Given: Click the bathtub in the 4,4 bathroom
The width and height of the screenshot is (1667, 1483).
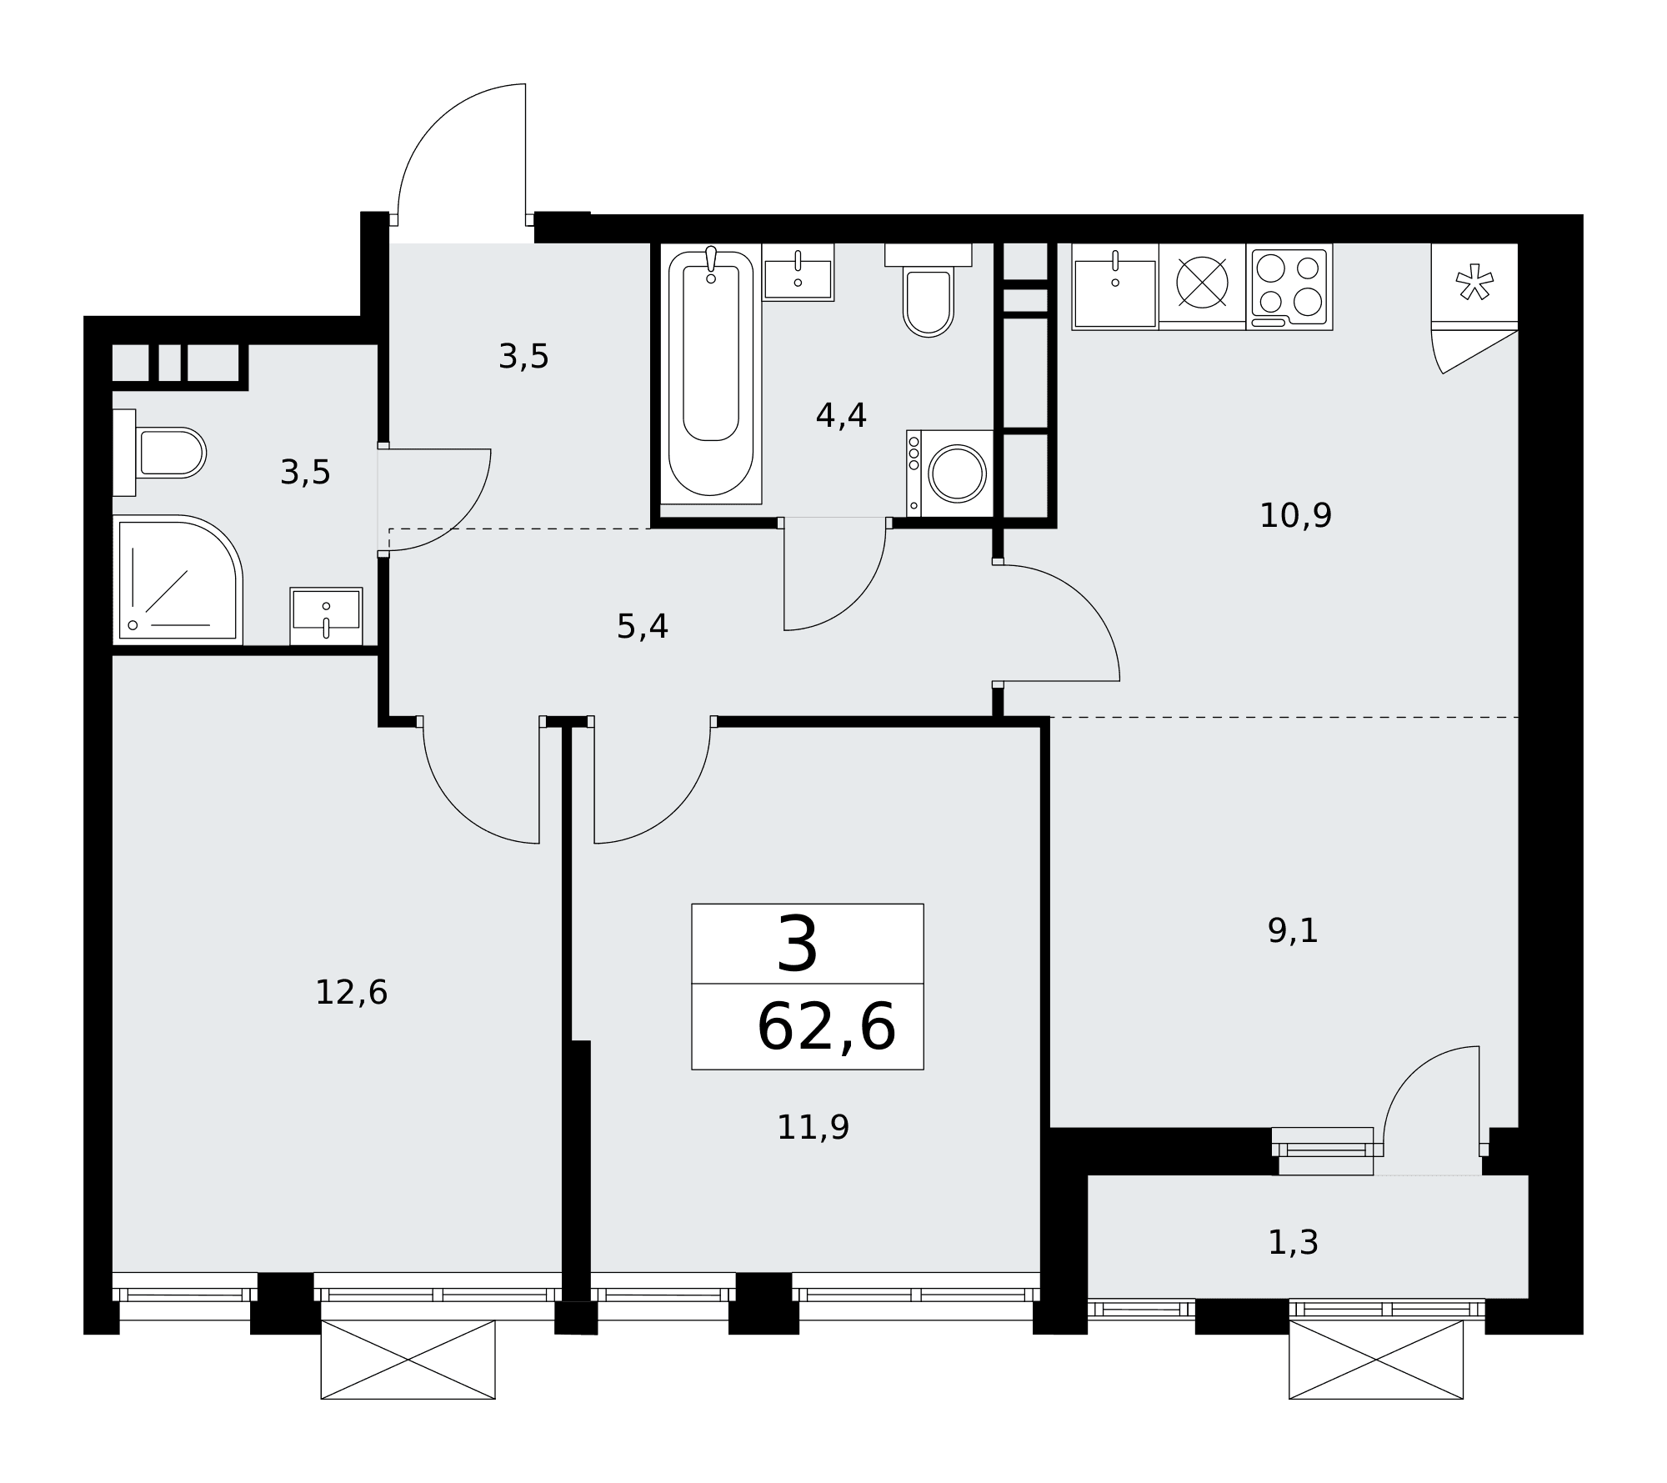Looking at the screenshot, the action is click(x=710, y=374).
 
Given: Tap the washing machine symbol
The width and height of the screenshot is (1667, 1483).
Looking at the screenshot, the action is click(x=950, y=473).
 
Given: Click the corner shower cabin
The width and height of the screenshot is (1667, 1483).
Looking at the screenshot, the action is click(x=178, y=579).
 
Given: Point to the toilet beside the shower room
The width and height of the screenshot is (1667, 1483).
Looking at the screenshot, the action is click(x=159, y=453).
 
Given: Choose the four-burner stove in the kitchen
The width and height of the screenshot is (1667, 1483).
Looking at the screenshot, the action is click(x=1289, y=287).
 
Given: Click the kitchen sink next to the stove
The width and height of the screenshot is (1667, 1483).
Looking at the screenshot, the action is click(x=1115, y=287).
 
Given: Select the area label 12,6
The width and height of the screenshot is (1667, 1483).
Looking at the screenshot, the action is click(x=351, y=993).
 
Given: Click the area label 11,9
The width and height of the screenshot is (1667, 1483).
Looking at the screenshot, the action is click(x=813, y=1128).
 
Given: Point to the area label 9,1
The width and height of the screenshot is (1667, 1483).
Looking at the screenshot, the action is click(x=1293, y=931).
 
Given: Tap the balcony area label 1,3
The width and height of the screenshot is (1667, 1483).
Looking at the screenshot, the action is click(x=1293, y=1243).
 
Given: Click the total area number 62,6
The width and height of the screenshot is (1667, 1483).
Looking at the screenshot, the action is click(x=826, y=1028).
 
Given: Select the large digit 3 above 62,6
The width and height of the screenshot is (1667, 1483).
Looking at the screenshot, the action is click(x=798, y=944).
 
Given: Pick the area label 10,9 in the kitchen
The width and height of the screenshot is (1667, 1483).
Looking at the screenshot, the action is click(x=1295, y=516).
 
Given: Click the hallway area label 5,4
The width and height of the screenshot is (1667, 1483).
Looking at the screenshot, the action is click(x=642, y=626).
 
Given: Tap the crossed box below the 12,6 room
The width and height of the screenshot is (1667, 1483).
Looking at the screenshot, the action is click(x=408, y=1360).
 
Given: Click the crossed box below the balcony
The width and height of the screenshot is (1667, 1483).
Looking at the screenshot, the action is click(x=1376, y=1360).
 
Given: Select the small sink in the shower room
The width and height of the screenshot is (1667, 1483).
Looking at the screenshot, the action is click(x=326, y=616).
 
